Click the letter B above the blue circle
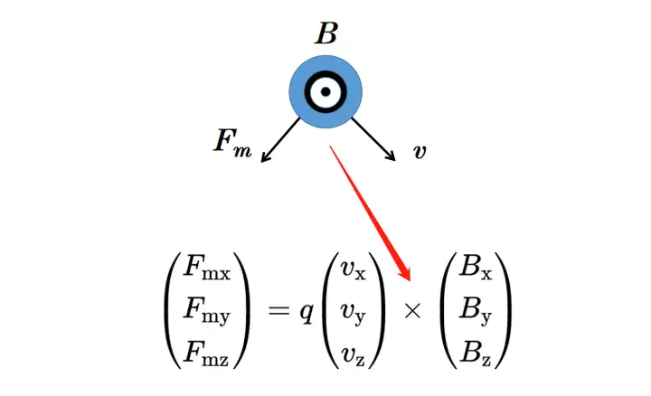[x=326, y=33]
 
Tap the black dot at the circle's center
[x=325, y=91]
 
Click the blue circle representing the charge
[x=325, y=91]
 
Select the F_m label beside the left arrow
[x=232, y=143]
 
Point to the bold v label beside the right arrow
[x=420, y=152]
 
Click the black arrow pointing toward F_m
[x=280, y=140]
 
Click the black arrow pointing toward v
[x=373, y=139]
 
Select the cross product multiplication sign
[x=412, y=310]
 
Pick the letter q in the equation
[x=307, y=312]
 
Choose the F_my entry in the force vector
[x=207, y=310]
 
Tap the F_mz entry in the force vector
[x=206, y=354]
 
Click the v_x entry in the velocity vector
[x=354, y=270]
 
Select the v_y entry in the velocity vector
[x=354, y=314]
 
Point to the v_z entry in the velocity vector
[x=353, y=356]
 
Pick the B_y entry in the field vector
[x=476, y=311]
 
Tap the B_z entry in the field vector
[x=476, y=354]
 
